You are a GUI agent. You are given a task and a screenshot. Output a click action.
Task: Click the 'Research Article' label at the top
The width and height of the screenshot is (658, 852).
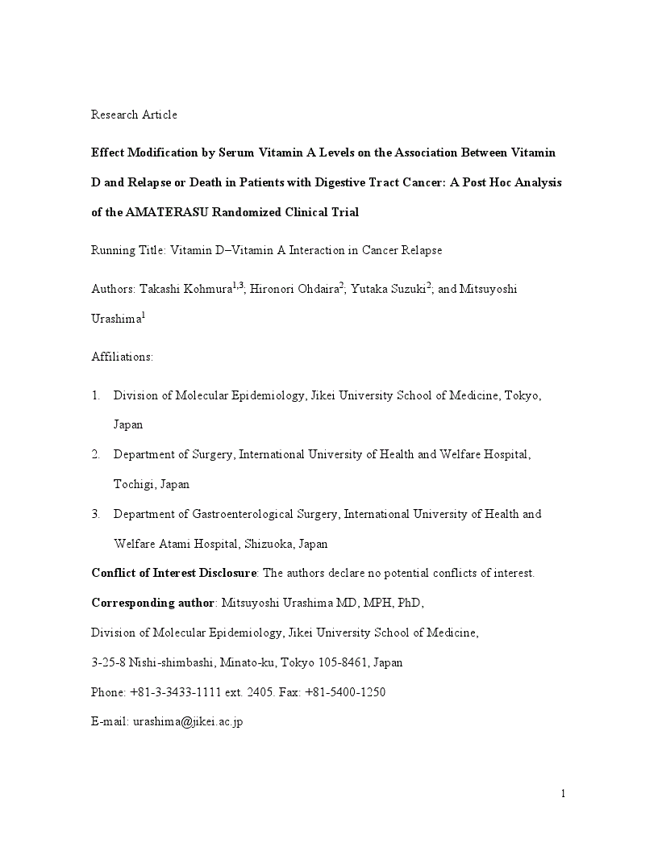[134, 115]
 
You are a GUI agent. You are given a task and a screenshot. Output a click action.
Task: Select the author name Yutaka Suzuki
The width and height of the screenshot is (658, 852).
[387, 290]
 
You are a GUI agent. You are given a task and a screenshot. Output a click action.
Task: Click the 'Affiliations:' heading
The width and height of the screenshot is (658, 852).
[122, 357]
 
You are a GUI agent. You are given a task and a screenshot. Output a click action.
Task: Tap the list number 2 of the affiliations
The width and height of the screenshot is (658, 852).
[95, 454]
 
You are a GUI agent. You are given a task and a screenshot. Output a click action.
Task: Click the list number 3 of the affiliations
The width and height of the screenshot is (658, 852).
[95, 514]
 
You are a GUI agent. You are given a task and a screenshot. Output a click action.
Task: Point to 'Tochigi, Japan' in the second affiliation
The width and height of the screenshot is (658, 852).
[152, 484]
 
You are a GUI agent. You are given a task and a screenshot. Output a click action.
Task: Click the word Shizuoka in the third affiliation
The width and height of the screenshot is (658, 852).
[269, 544]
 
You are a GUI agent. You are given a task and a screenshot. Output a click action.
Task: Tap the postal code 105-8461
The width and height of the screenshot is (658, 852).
[337, 663]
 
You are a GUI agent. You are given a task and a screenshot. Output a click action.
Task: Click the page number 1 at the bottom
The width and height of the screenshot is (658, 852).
[564, 794]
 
